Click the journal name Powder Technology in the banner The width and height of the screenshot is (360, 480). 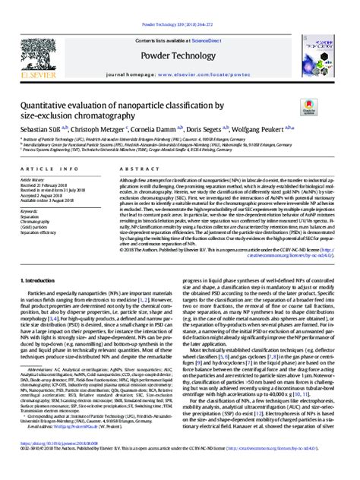coord(180,35)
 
